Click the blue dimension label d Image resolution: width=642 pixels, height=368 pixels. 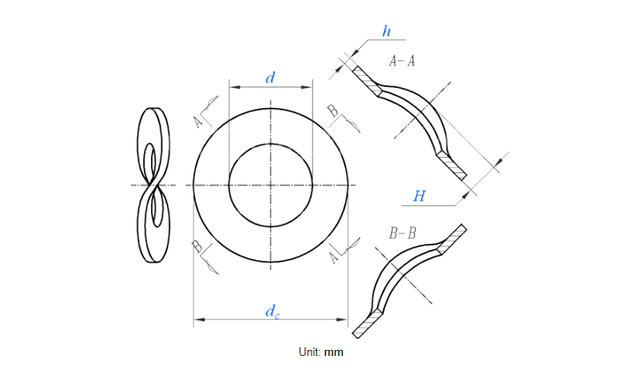click(270, 78)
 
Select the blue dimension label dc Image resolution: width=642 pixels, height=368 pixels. click(272, 311)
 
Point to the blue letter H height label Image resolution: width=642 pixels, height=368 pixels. click(419, 196)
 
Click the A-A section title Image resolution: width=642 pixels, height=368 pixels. click(402, 61)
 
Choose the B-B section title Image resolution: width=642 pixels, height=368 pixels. click(402, 233)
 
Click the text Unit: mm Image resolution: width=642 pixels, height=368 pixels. click(321, 352)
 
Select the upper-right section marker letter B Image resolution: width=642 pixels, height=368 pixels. click(333, 110)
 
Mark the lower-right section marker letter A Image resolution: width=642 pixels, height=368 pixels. click(334, 258)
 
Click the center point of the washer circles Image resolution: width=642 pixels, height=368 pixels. click(271, 184)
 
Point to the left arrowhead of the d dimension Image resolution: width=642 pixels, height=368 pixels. click(231, 87)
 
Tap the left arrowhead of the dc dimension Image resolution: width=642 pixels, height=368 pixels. click(198, 321)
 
